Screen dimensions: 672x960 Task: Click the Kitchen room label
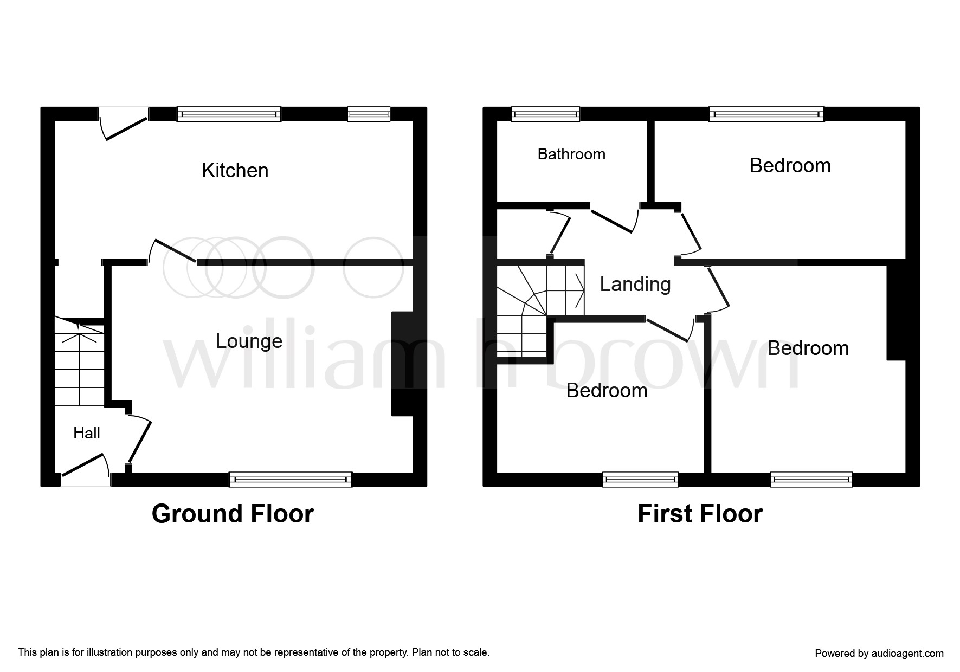tap(235, 170)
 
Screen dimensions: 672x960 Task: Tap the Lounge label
tap(249, 341)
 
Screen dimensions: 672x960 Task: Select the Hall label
tap(87, 433)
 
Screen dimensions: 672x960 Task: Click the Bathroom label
tap(571, 154)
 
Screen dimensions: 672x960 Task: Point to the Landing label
tap(635, 284)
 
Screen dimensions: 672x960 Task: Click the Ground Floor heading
tap(233, 514)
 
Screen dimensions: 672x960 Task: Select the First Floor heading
tap(700, 514)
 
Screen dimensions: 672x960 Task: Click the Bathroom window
tap(545, 114)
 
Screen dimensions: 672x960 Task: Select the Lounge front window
tap(291, 479)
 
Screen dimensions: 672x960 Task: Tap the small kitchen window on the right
tap(369, 114)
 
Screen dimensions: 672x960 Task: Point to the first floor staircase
tap(537, 309)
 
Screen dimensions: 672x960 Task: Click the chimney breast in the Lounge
tap(402, 363)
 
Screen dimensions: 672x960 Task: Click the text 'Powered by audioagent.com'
tap(879, 653)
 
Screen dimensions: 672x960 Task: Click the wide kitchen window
tap(229, 114)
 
